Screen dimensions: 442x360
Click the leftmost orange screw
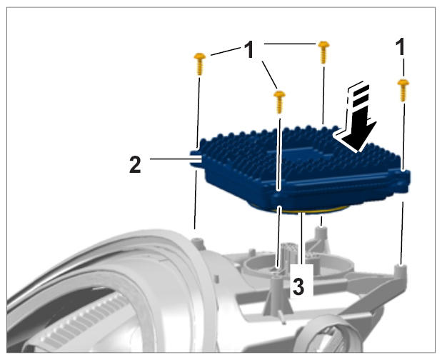(x=200, y=64)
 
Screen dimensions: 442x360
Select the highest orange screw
(x=323, y=52)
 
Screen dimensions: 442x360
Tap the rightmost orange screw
(x=403, y=90)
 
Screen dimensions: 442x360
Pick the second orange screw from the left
(x=279, y=101)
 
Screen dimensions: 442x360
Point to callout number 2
(x=135, y=164)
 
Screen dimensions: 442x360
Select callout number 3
(x=298, y=286)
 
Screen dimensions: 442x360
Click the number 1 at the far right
(x=401, y=47)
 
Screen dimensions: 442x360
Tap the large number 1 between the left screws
(x=249, y=49)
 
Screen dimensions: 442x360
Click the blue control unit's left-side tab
(x=196, y=159)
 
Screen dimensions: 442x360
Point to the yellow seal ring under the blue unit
(x=298, y=209)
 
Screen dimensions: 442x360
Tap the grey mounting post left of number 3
(x=276, y=293)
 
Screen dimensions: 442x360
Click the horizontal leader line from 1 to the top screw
(x=289, y=44)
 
